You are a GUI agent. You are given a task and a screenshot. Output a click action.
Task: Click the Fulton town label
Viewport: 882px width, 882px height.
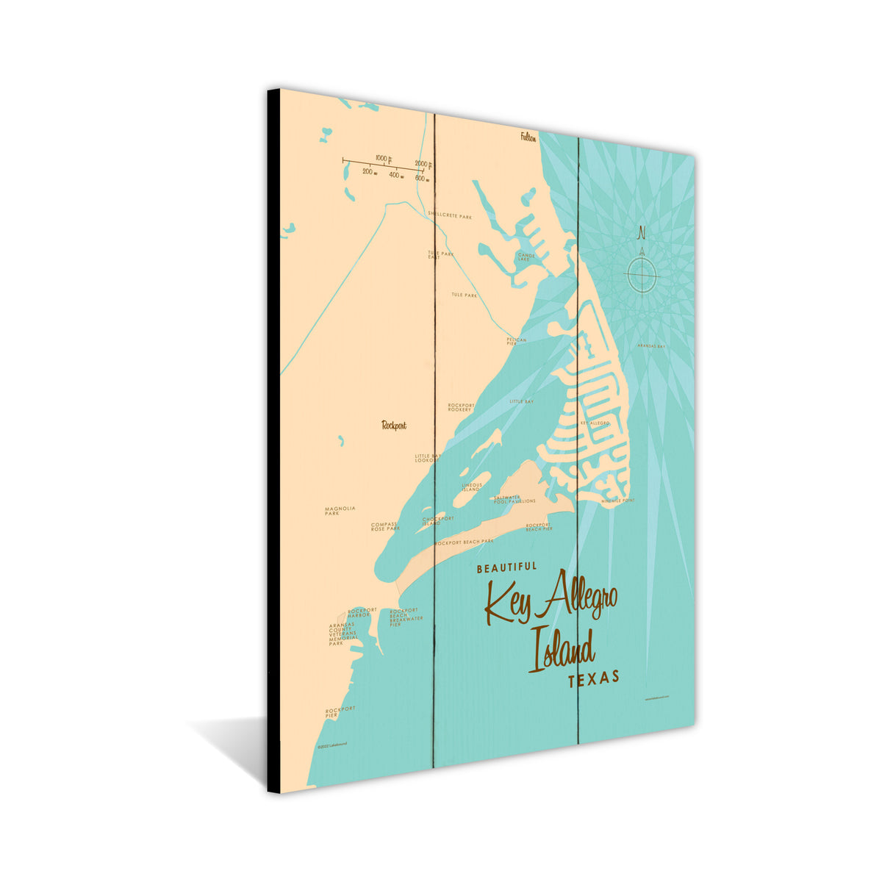(x=528, y=137)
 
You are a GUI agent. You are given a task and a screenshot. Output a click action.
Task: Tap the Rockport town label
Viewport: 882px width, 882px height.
(x=394, y=425)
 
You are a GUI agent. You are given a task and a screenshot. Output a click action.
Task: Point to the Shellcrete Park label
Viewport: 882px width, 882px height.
(x=450, y=217)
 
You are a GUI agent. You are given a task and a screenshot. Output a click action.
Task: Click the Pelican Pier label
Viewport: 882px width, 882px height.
(x=516, y=341)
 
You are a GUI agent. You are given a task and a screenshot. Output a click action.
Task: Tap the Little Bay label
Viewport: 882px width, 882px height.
(x=522, y=401)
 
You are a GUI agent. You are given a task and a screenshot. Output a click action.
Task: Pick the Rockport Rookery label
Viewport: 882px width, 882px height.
(x=461, y=407)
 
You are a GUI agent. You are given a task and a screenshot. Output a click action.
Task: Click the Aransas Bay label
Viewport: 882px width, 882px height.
(x=650, y=345)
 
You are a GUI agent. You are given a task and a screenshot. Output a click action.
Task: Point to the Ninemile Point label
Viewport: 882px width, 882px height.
(x=617, y=501)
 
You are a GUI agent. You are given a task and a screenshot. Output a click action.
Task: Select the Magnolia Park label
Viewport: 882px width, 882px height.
(x=340, y=511)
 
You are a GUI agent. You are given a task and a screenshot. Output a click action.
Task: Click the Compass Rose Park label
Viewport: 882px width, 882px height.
(x=385, y=527)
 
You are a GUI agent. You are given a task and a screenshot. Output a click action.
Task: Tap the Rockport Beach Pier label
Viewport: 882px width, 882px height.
(x=539, y=526)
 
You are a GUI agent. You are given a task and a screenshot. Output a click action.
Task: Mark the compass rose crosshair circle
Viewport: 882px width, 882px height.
(x=642, y=276)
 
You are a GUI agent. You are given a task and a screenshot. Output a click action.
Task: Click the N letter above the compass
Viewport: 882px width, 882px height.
(x=641, y=234)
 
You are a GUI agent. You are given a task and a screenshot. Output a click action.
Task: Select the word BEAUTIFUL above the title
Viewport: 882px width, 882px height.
(x=506, y=568)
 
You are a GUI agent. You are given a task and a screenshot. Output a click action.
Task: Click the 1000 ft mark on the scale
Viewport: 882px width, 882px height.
(x=383, y=158)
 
